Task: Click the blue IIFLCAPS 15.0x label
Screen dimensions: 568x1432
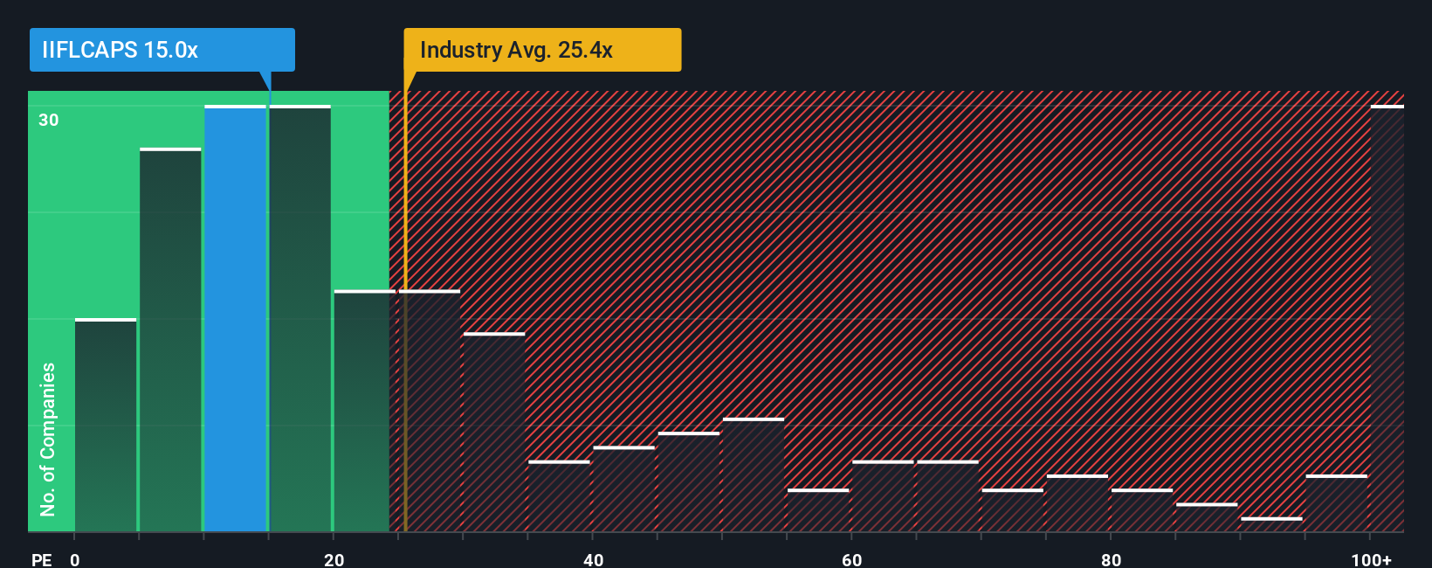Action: pos(162,50)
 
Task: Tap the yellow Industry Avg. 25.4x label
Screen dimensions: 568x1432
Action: pos(541,50)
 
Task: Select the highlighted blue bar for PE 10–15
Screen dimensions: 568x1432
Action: pos(235,319)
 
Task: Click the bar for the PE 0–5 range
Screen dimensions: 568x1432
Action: pos(106,426)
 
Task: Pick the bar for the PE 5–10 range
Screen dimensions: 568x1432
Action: pos(170,341)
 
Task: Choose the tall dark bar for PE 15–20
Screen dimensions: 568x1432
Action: pos(299,319)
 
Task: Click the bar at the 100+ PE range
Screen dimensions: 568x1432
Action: pos(1387,319)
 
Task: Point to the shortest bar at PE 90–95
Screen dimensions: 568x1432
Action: pos(1271,525)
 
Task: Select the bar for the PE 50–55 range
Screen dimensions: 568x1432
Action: pos(754,475)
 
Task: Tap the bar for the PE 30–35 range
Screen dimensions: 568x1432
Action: pos(494,433)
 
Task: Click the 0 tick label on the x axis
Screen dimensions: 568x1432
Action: pos(75,559)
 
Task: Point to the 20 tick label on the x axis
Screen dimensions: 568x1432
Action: pos(334,559)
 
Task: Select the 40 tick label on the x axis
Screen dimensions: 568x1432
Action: pos(593,559)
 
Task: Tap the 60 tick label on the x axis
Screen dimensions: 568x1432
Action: pos(851,559)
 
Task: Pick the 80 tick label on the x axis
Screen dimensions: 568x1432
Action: pos(1111,559)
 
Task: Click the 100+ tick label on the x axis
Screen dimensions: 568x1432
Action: pos(1371,559)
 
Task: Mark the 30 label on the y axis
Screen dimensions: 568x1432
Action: pos(49,120)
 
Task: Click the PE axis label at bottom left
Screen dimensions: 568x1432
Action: pos(41,559)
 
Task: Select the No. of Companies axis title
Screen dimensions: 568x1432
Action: pos(48,439)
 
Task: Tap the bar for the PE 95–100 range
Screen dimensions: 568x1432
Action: pos(1336,503)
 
